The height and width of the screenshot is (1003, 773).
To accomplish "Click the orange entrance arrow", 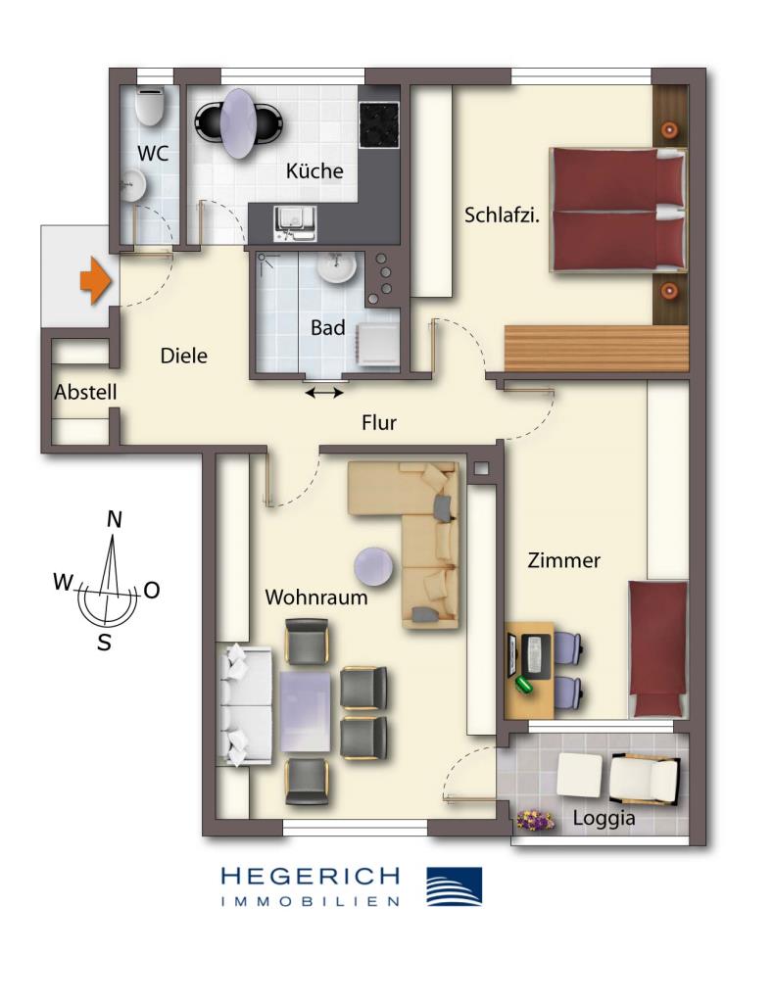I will tap(94, 280).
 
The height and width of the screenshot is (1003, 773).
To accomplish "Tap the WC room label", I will tap(151, 154).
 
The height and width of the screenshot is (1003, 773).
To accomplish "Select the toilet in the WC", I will tap(150, 106).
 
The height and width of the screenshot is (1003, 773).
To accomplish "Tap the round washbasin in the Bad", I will tap(336, 266).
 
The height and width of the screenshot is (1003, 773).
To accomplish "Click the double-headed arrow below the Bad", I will tap(324, 393).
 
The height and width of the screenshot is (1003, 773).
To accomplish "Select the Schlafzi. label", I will tap(503, 215).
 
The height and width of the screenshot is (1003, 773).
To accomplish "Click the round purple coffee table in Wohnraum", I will tap(374, 565).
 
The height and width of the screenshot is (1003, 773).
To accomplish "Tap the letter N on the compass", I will tap(115, 520).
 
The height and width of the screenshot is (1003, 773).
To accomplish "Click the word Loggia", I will tap(606, 818).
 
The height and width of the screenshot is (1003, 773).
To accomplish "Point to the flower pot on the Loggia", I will tap(535, 819).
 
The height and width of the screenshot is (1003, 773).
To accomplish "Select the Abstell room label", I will tap(86, 393).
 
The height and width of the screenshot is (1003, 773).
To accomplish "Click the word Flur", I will tap(379, 423).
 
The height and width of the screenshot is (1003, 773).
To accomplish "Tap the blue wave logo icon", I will tap(454, 885).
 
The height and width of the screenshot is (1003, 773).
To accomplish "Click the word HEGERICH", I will tap(311, 876).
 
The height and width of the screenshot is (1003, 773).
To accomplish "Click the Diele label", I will tap(184, 357).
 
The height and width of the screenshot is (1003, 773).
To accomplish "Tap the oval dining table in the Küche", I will tap(241, 122).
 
